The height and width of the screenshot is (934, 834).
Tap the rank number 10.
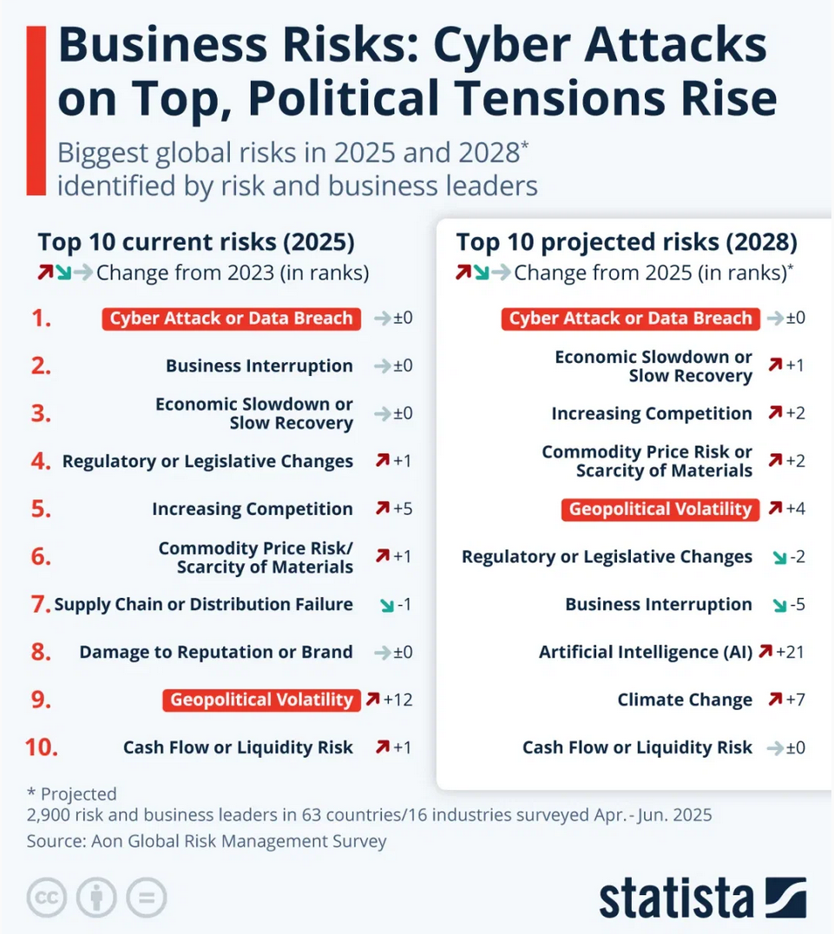[x=41, y=747]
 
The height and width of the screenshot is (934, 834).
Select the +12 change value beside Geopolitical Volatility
[x=398, y=700]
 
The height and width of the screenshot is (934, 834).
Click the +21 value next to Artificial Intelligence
[x=791, y=652]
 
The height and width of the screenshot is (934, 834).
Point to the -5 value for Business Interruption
[x=796, y=604]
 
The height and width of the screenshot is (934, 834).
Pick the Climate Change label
[x=685, y=700]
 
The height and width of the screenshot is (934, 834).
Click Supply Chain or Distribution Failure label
[x=204, y=604]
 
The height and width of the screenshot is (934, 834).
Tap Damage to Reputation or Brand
[x=216, y=652]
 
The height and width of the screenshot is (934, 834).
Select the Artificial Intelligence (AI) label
[x=646, y=652]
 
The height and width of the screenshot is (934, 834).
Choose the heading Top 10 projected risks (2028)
[x=627, y=242]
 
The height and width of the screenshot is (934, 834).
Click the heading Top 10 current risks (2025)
[x=196, y=242]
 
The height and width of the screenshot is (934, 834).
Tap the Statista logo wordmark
[x=678, y=898]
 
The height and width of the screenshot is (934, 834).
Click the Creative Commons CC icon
[x=48, y=898]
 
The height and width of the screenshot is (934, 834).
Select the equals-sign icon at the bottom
[x=146, y=898]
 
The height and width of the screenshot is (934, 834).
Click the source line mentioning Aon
[x=207, y=841]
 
